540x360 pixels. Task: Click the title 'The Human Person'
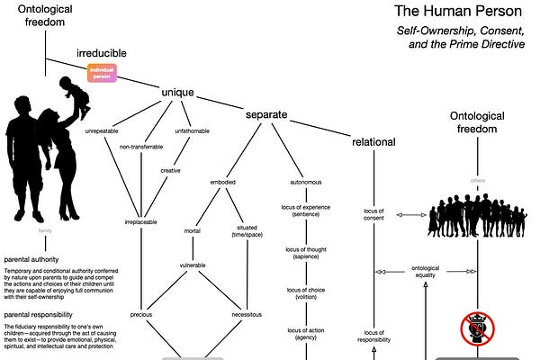[x=457, y=13]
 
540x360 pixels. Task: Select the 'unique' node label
[x=177, y=93]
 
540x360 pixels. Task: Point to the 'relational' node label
[x=374, y=142]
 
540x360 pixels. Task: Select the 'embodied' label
[x=223, y=182]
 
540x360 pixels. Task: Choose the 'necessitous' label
[x=246, y=315]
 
